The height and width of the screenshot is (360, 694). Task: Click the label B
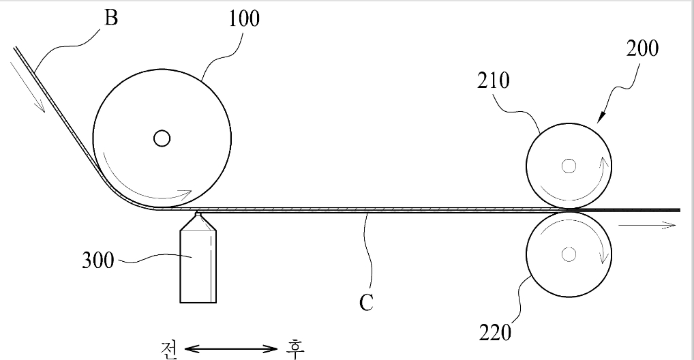click(x=111, y=18)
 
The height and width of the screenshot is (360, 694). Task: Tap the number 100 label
click(x=244, y=18)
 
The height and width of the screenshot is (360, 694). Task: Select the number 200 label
click(x=642, y=48)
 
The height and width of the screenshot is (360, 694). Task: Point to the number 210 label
click(x=493, y=80)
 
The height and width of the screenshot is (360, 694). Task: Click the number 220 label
click(x=495, y=333)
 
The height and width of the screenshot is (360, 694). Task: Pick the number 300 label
click(x=97, y=260)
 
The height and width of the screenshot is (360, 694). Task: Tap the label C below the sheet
click(x=367, y=303)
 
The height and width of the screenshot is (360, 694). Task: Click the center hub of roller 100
click(x=162, y=138)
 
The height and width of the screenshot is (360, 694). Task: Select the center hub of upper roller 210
click(x=569, y=166)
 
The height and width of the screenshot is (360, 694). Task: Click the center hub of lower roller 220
click(x=569, y=254)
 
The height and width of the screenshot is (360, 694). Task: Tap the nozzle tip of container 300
click(x=198, y=215)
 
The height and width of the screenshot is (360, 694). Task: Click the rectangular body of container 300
click(x=198, y=267)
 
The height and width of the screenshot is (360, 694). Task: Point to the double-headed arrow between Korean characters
click(x=230, y=349)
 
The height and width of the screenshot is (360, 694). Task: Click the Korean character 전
click(x=168, y=349)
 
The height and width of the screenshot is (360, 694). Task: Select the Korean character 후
click(x=295, y=349)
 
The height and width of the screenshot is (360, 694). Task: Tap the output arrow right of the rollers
click(x=647, y=226)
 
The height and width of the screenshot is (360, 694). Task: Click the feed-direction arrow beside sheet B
click(x=27, y=87)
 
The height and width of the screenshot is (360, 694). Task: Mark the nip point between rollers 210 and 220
click(x=569, y=209)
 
